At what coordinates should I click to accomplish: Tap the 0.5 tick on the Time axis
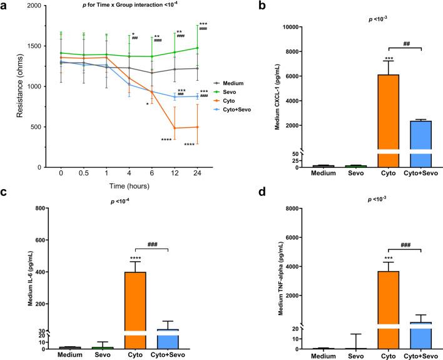(x=83, y=173)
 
